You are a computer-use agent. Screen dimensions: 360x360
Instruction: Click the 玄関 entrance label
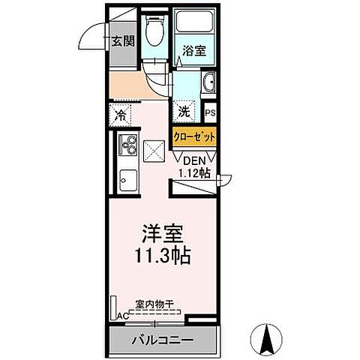pos(124,41)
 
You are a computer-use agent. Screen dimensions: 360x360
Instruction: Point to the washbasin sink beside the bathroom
pos(209,82)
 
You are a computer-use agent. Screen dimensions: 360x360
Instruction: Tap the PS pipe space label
pos(211,113)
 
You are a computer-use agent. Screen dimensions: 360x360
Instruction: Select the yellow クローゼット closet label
pos(195,136)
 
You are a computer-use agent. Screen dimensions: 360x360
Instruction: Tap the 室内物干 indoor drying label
pos(154,304)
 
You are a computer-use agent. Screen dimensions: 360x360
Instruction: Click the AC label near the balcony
pos(121,316)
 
